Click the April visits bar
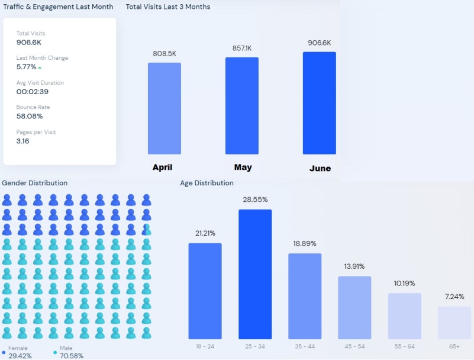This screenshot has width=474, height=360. point(165,108)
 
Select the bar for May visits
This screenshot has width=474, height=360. point(241,105)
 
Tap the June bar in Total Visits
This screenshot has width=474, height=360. point(319,103)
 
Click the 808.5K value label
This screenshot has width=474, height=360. point(165,53)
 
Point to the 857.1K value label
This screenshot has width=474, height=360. point(241,48)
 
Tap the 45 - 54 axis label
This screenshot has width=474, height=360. point(355,345)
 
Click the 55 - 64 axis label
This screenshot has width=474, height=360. point(405,345)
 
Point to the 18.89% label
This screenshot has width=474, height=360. point(305,243)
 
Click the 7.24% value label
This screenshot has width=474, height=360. point(454,296)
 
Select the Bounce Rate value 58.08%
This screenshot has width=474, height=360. point(30,116)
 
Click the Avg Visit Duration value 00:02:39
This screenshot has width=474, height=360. point(32,92)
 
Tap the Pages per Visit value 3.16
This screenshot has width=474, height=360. point(22,141)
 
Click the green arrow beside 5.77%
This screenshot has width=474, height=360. point(40,67)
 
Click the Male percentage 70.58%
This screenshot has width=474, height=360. point(72,356)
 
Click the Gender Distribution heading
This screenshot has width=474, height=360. point(35,183)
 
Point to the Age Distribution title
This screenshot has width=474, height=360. point(207,183)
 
